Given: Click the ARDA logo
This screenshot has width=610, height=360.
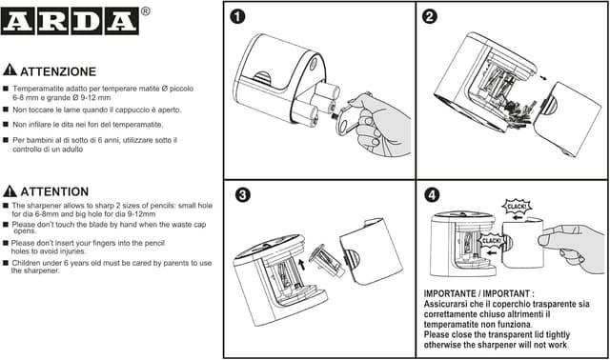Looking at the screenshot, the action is pos(70,21).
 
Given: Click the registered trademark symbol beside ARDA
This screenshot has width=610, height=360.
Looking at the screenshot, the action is pos(145,11).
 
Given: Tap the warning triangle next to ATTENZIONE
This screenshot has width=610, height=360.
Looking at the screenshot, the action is pos(10,70).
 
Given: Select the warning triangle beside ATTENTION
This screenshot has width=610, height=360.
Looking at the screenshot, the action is pos(10,190).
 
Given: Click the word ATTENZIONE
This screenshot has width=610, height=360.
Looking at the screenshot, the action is pos(58,71).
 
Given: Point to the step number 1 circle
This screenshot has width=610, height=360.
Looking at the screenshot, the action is pos(237,17).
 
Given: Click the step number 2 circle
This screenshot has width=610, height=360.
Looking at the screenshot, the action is pos(430,17).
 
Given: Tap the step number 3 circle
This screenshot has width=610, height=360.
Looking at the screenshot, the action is pos(243,194).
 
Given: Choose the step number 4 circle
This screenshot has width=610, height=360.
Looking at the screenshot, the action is pos(432,195).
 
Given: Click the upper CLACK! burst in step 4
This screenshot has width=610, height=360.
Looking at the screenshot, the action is pos(517,207).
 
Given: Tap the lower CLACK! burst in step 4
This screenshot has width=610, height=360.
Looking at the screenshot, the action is pos(491,241).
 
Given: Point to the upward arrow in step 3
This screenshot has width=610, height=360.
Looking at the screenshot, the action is pos(301,265).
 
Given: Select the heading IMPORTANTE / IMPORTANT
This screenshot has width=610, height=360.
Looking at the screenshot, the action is pos(478,293).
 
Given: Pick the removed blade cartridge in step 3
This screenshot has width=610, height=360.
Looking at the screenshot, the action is pos(328,260).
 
